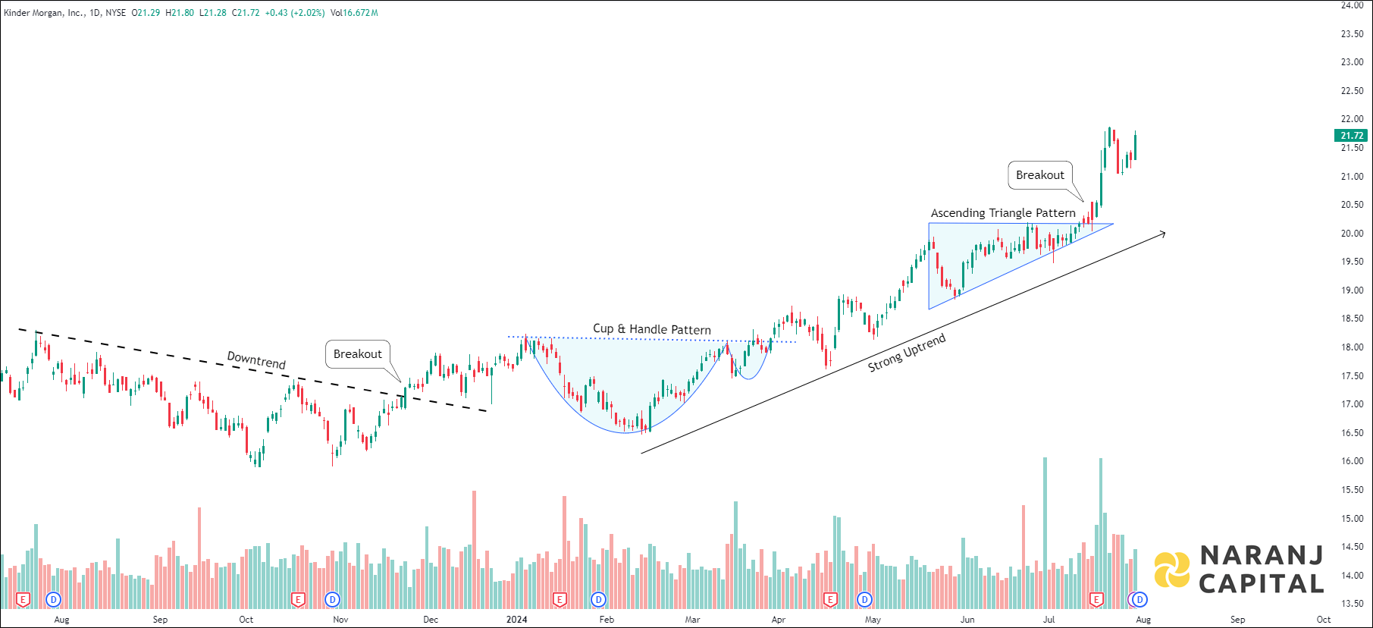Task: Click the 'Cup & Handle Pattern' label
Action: pos(652,329)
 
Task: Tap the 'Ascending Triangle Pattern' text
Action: pos(1003,213)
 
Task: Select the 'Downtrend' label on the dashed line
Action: pos(256,360)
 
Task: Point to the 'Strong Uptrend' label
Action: pos(907,353)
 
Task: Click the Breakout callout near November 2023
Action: pos(358,354)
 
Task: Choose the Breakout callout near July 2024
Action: pos(1040,175)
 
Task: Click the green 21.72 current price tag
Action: pos(1352,136)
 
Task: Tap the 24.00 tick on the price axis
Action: pos(1352,5)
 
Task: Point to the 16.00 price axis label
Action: pos(1352,461)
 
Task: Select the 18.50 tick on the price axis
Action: pos(1352,319)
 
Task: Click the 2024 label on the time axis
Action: pos(516,620)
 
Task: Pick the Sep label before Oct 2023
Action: pos(160,620)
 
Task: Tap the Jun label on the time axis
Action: pos(967,620)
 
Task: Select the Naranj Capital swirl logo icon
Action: pos(1172,570)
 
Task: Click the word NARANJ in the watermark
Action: pos(1262,556)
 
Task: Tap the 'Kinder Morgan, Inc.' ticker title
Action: pos(44,13)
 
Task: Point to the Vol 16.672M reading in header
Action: pos(354,13)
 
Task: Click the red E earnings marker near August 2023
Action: pos(23,600)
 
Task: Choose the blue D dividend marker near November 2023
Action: pos(332,600)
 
